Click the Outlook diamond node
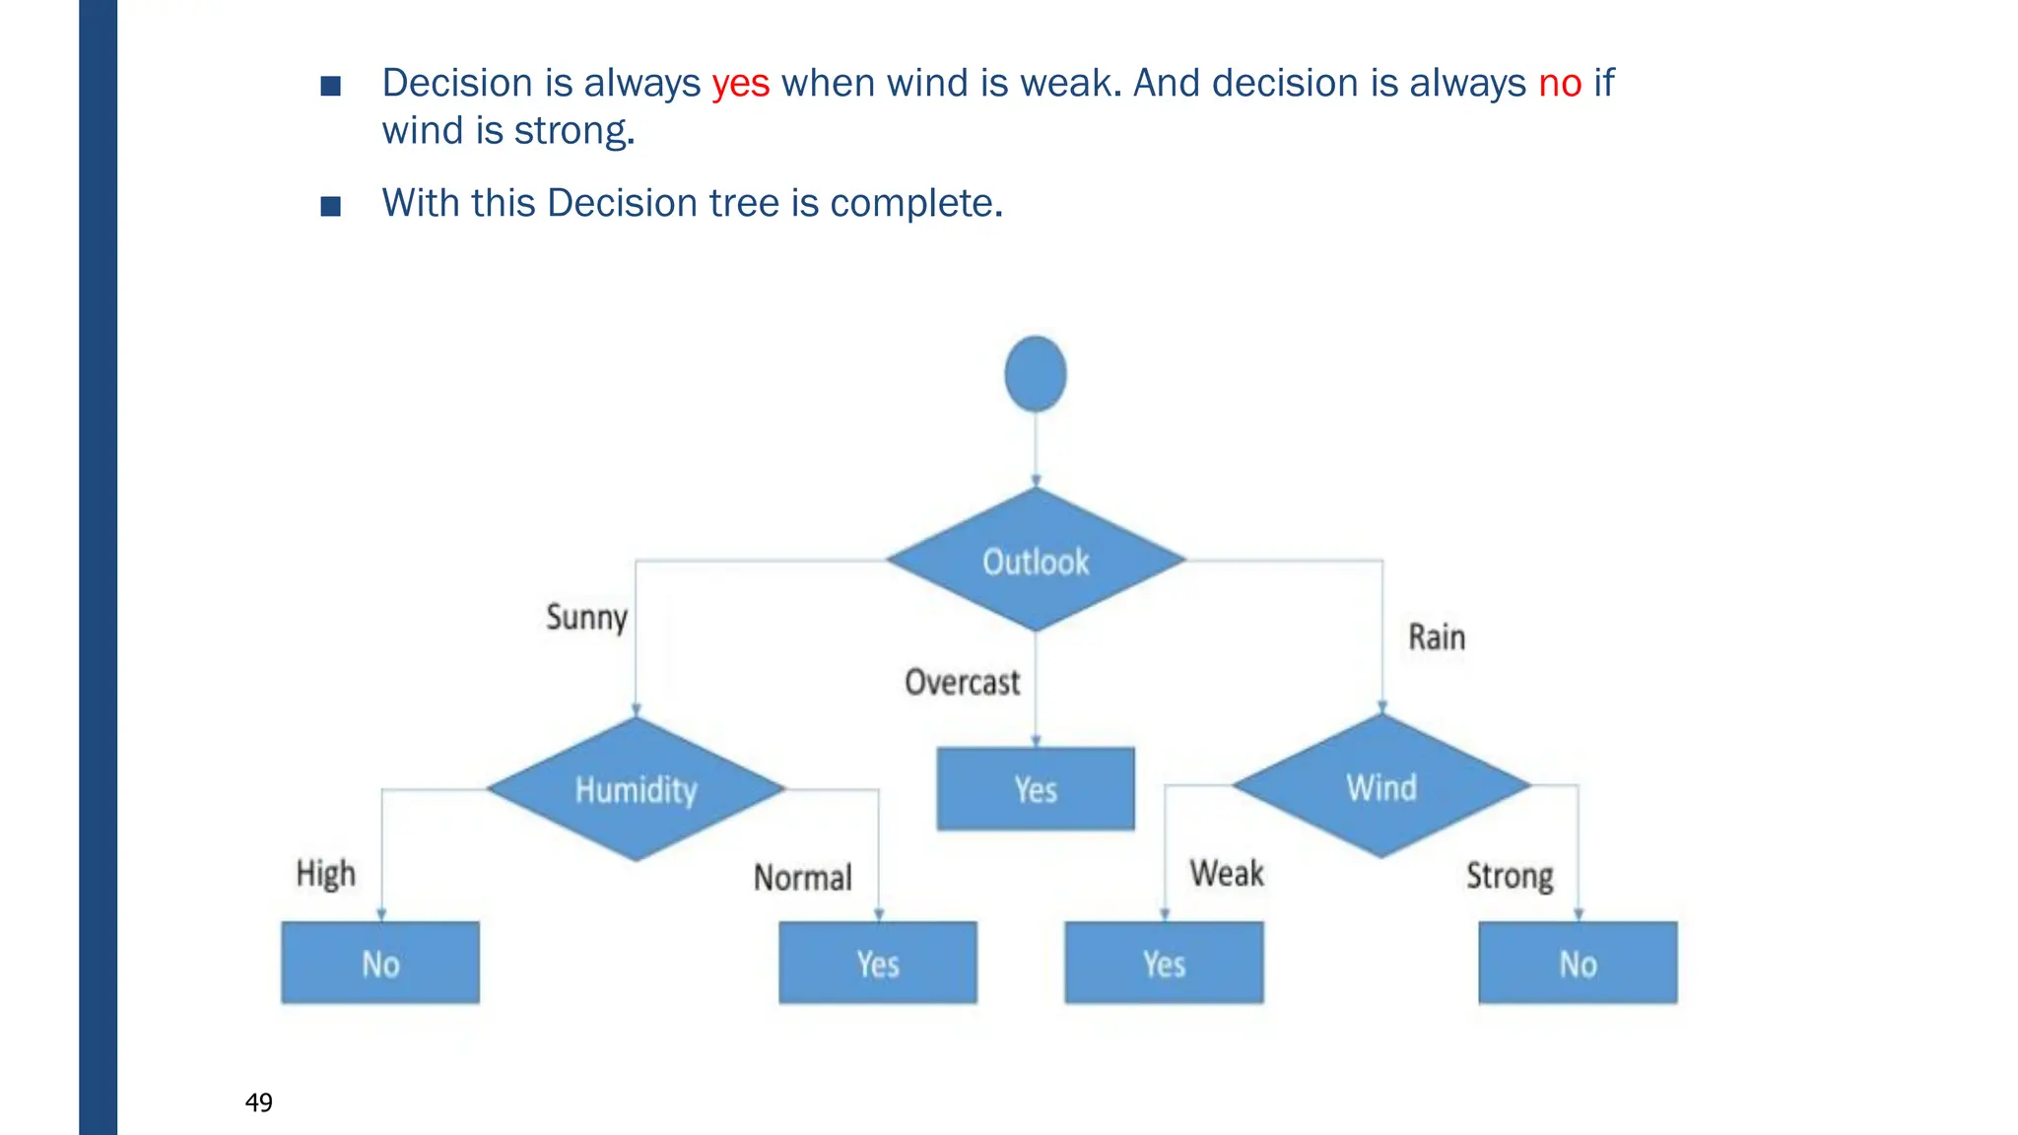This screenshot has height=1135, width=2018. click(x=1036, y=561)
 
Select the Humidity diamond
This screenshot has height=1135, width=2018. click(x=636, y=789)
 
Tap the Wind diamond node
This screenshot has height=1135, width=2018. click(x=1381, y=787)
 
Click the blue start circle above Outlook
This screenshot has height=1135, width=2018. click(x=1036, y=374)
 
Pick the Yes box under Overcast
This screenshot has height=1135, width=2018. click(x=1036, y=789)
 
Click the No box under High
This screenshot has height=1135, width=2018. click(x=380, y=963)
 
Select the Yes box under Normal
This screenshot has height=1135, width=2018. click(x=878, y=963)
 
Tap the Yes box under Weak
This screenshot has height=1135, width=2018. click(x=1164, y=963)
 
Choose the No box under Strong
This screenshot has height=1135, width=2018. click(x=1578, y=963)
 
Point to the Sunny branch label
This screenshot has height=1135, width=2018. click(x=587, y=618)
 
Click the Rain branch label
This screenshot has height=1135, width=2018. click(x=1437, y=637)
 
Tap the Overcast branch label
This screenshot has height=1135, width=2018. click(x=963, y=682)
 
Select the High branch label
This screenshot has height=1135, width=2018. click(x=326, y=874)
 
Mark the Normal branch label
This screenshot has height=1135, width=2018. click(x=803, y=877)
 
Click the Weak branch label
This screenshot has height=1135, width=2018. click(x=1227, y=873)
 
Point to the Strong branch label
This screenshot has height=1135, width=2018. click(x=1510, y=876)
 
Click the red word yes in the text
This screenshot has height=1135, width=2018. click(x=741, y=84)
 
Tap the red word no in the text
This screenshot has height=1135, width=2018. click(x=1560, y=84)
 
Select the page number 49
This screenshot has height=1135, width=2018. click(x=259, y=1102)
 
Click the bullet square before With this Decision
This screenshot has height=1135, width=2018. click(x=331, y=206)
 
